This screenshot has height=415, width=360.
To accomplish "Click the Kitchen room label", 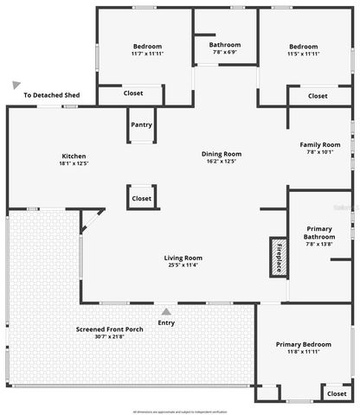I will [x=74, y=155].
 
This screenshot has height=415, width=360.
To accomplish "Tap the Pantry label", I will [x=142, y=124].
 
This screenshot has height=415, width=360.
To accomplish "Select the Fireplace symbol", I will [x=278, y=256].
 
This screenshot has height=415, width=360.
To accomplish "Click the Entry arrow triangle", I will [x=166, y=311].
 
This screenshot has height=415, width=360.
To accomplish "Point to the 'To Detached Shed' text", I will [x=52, y=95].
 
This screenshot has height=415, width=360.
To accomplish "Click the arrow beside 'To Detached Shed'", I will [x=16, y=85].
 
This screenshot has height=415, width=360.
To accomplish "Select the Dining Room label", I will [x=222, y=154].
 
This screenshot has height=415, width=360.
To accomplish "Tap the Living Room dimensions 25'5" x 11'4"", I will [x=183, y=265].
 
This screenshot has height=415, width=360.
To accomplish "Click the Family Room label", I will [x=319, y=144].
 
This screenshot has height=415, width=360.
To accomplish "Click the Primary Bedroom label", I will [x=304, y=344].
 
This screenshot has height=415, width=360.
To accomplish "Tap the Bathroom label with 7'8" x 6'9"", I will [x=224, y=44].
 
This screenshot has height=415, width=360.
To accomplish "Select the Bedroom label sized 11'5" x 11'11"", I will [x=304, y=47].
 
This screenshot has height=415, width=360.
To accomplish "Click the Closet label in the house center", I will [x=142, y=198].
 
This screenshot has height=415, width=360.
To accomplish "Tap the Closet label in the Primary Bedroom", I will [x=336, y=393].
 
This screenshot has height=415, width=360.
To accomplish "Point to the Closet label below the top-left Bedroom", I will [x=133, y=93].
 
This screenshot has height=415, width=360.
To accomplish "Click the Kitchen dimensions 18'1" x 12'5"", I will [x=74, y=163].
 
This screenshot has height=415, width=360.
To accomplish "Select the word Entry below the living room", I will [x=166, y=322].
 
